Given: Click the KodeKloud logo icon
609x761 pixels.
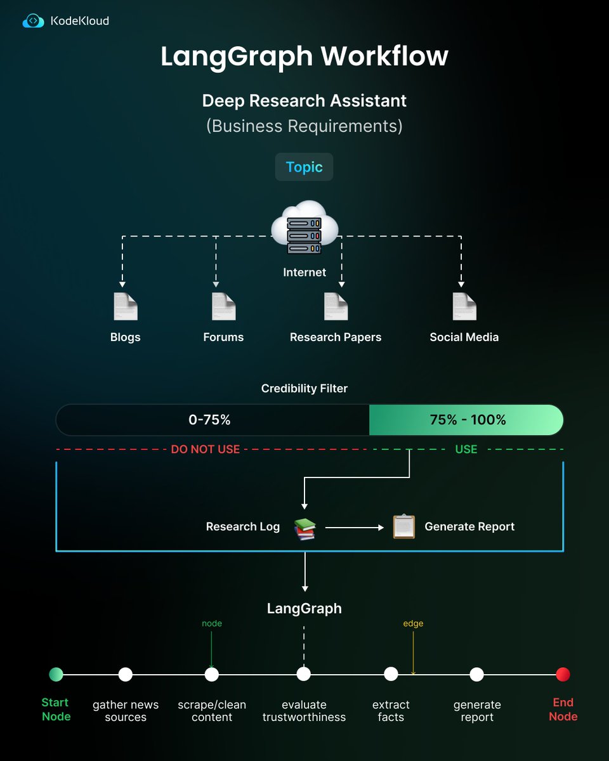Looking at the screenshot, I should (x=34, y=21).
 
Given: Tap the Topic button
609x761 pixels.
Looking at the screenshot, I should (x=304, y=167).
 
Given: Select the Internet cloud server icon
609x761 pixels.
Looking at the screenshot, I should (x=304, y=232).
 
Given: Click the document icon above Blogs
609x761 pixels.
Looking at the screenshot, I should (x=125, y=307).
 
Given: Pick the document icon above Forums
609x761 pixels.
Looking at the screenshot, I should (x=223, y=307).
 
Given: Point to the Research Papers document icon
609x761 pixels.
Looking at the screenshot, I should (x=336, y=307).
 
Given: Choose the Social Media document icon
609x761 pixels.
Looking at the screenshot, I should (x=464, y=307).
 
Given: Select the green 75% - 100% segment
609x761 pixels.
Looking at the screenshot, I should (x=467, y=420).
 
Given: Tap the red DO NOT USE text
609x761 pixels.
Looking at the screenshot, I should (x=206, y=450).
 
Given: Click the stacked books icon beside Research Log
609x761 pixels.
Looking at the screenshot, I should (x=304, y=529).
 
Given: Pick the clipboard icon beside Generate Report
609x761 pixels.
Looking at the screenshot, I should (x=403, y=526).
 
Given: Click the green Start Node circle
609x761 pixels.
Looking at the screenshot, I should (x=56, y=674).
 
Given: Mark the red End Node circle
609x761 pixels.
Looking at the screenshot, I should (x=563, y=674).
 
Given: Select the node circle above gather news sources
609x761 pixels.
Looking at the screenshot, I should (x=126, y=674).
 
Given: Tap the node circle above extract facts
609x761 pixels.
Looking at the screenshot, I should (x=391, y=674).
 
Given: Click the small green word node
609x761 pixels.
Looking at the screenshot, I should (x=212, y=623).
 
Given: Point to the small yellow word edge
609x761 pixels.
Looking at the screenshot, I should (x=413, y=623).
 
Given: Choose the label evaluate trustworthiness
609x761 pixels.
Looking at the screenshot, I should (x=304, y=711).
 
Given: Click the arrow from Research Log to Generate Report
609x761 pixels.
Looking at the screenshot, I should (x=355, y=527).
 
